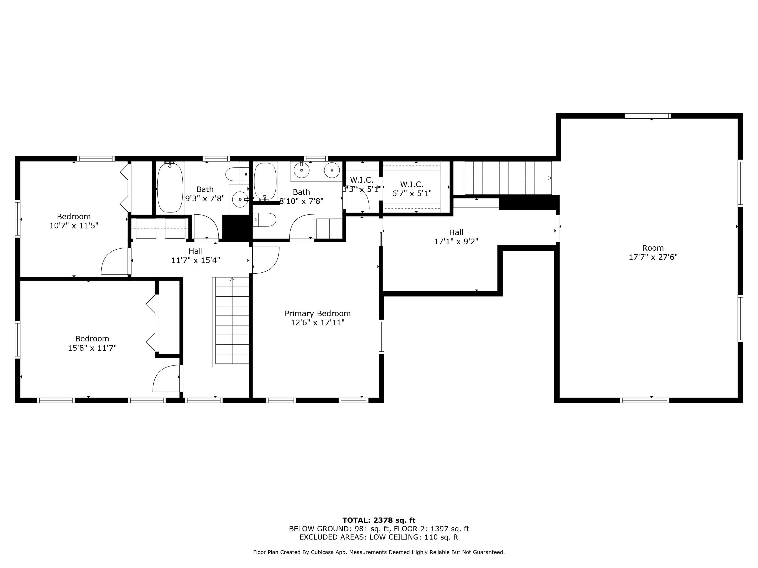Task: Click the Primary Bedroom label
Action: [x=318, y=318]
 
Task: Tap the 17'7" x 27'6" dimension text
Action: [x=653, y=257]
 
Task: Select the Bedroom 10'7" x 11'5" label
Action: [x=74, y=221]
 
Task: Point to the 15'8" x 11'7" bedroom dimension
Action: [x=92, y=348]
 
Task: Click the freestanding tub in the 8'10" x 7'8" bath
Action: [x=265, y=182]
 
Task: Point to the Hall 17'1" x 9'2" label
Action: [x=456, y=237]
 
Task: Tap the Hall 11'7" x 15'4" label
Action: [x=196, y=256]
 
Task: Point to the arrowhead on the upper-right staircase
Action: [x=550, y=178]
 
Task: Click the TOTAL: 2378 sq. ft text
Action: [x=379, y=520]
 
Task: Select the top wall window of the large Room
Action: [x=648, y=116]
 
